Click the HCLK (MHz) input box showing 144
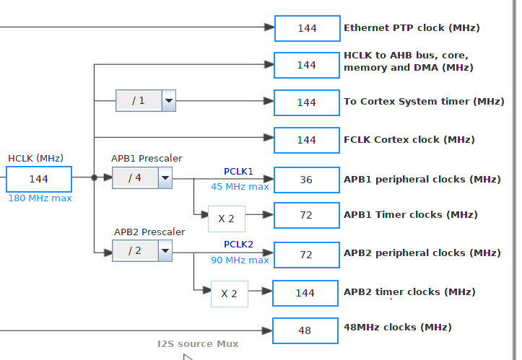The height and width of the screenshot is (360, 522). tap(39, 179)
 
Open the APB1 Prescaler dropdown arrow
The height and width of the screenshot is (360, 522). tap(165, 177)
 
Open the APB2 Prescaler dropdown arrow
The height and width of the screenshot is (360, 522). tap(165, 250)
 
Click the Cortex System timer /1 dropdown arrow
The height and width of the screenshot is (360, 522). tap(168, 101)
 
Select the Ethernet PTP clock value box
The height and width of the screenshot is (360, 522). tap(307, 28)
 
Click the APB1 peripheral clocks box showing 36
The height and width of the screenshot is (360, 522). tap(307, 180)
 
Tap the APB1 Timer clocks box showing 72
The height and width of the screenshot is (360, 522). tap(307, 215)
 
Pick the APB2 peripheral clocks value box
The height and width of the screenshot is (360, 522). tap(307, 254)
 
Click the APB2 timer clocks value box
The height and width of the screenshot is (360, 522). tap(305, 293)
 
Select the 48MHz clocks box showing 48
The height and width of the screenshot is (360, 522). tap(305, 330)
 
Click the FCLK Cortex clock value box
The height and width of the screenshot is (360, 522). tap(307, 140)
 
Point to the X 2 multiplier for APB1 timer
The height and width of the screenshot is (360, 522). tap(226, 219)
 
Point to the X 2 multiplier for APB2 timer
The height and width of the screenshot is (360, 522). tap(229, 294)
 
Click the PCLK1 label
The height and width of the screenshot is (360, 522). tap(238, 172)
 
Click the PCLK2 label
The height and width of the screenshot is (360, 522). tap(238, 245)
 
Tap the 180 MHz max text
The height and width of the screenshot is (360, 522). tap(40, 198)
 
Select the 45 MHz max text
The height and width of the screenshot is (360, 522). tap(240, 187)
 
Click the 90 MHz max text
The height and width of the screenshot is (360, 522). tap(240, 260)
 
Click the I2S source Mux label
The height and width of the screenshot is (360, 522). tap(198, 343)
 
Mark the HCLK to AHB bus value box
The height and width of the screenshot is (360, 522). tap(307, 65)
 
